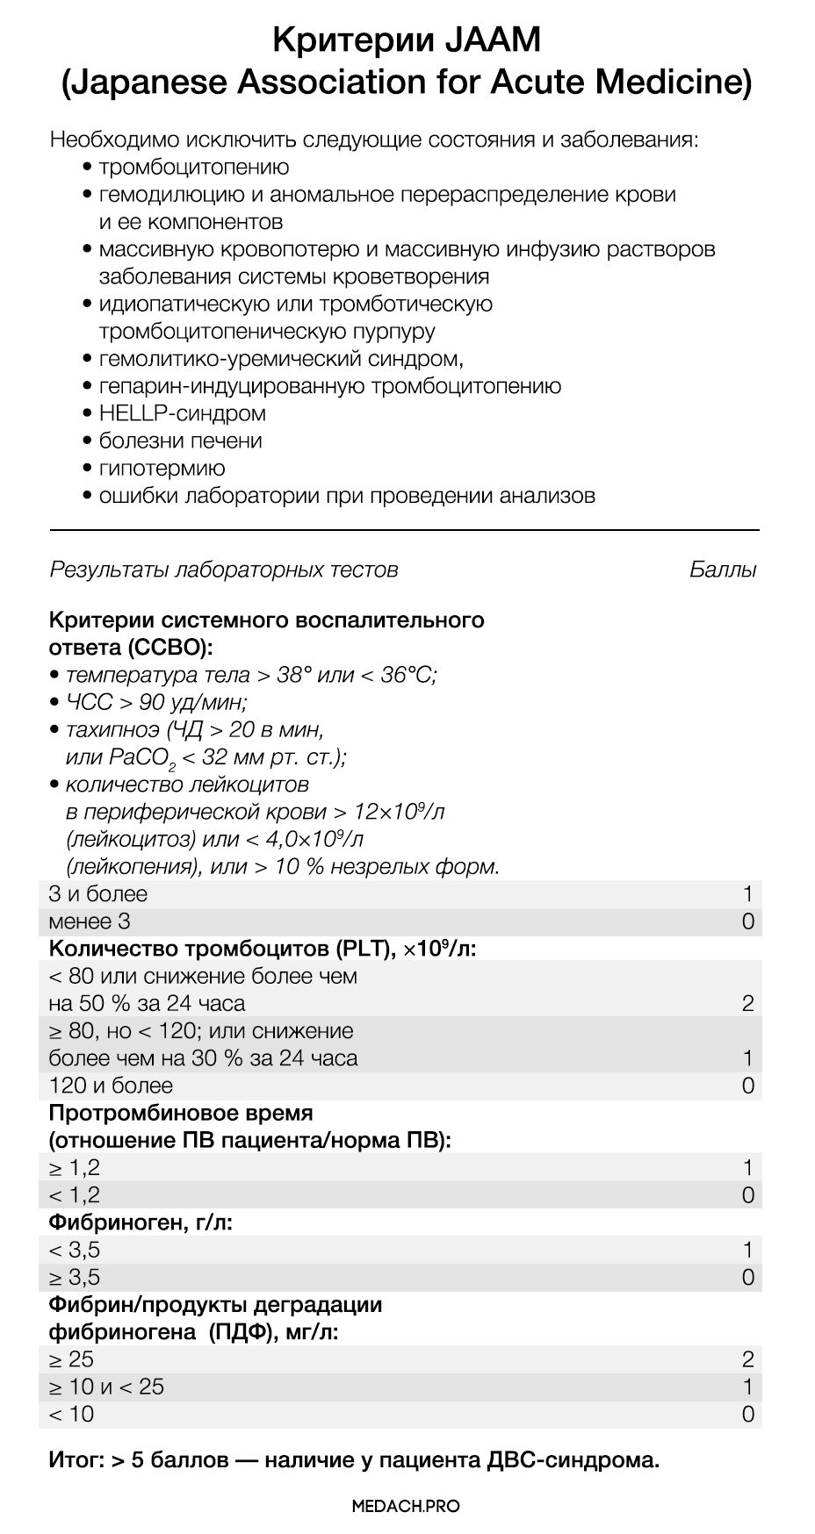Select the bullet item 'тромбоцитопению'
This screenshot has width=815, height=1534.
[193, 167]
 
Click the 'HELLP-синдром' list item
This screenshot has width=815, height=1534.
[182, 412]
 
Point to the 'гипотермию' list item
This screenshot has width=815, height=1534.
[162, 468]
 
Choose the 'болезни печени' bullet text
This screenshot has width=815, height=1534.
[180, 441]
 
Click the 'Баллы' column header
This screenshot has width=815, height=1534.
[723, 570]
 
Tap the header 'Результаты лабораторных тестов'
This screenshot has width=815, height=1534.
[224, 570]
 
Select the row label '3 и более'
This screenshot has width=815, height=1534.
[98, 894]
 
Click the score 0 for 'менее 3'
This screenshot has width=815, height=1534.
[747, 921]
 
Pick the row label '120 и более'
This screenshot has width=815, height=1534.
[112, 1086]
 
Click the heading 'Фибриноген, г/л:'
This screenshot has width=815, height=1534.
[141, 1222]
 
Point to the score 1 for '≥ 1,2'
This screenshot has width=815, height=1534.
[747, 1168]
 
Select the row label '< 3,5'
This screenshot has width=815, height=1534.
[75, 1250]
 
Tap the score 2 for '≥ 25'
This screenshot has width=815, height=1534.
[747, 1359]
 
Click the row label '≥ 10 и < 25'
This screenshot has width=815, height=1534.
[106, 1387]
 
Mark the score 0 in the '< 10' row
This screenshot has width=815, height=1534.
[747, 1414]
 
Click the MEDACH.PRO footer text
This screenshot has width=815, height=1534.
[406, 1506]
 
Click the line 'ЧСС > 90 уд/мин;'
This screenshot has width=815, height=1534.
[156, 702]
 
